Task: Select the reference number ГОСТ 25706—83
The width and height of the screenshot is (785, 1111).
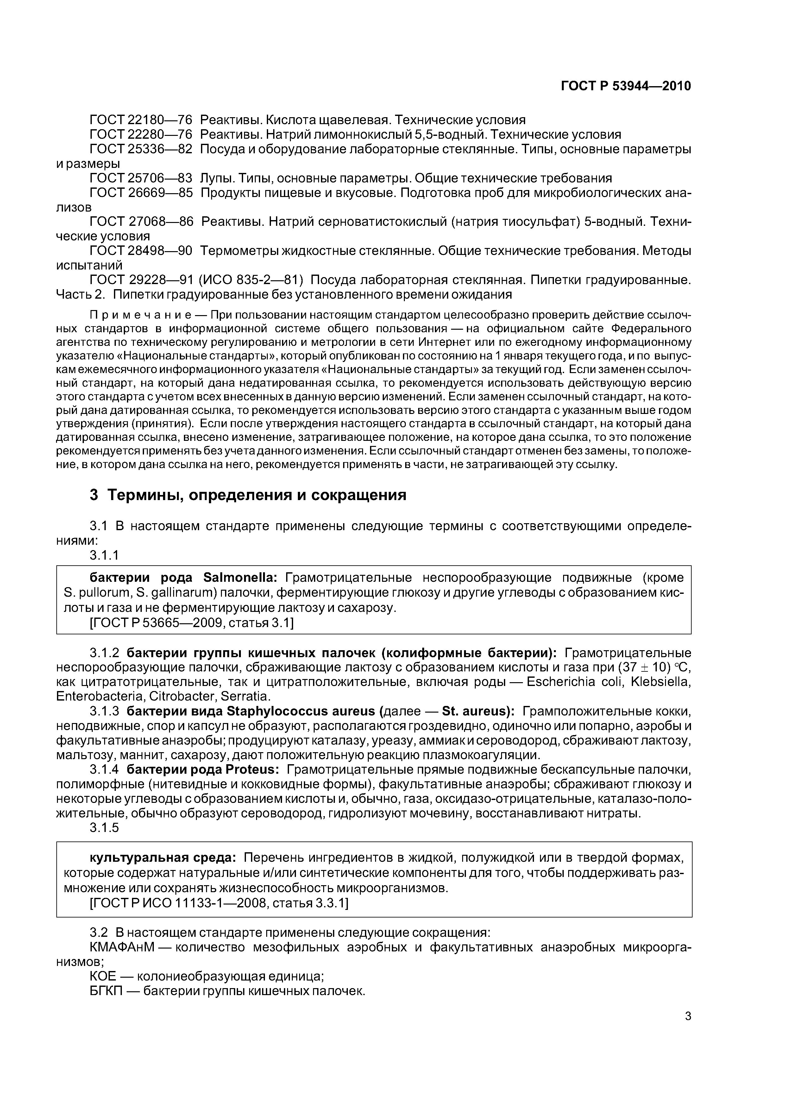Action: pyautogui.click(x=141, y=178)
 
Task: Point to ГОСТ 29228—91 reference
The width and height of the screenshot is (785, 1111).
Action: pyautogui.click(x=141, y=280)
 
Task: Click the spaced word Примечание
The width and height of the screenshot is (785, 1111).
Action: pyautogui.click(x=140, y=315)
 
